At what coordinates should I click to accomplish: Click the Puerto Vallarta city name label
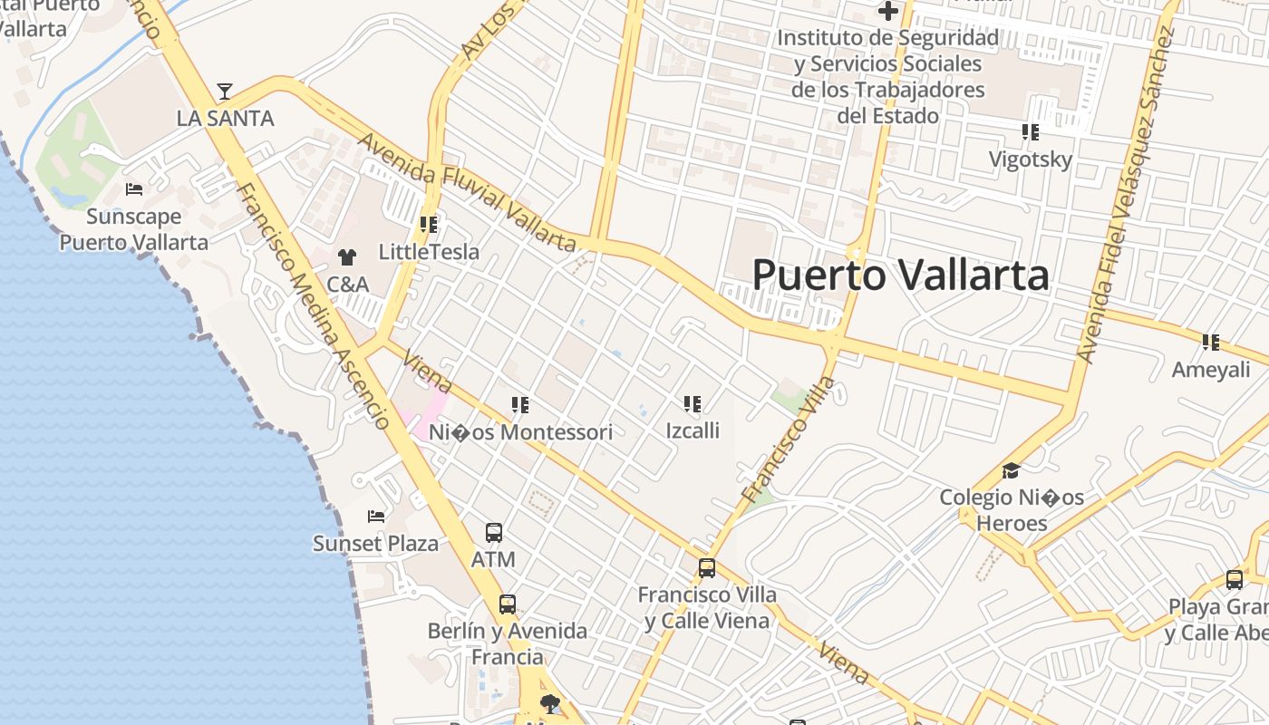click(x=900, y=275)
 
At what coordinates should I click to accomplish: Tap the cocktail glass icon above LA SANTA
click(x=225, y=92)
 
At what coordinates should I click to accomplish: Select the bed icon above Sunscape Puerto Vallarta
click(x=134, y=189)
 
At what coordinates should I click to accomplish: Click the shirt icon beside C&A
click(x=346, y=257)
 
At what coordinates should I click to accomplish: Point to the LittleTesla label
click(x=429, y=251)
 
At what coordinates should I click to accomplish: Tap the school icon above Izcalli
click(x=693, y=403)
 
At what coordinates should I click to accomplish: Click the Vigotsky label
click(x=1030, y=159)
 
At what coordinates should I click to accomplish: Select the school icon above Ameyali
click(x=1210, y=343)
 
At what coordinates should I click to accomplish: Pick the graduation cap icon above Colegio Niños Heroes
click(x=1011, y=470)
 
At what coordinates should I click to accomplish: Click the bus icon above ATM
click(x=494, y=533)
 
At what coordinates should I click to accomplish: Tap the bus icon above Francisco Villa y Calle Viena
click(x=707, y=568)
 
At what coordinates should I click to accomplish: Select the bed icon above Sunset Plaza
click(x=375, y=517)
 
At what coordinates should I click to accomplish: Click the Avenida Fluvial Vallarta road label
click(x=467, y=192)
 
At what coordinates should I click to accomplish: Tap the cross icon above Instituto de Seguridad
click(x=887, y=12)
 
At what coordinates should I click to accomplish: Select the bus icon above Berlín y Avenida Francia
click(x=508, y=604)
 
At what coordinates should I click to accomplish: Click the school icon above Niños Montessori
click(x=520, y=405)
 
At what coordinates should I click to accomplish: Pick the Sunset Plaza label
click(x=375, y=544)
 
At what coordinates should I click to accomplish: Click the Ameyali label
click(x=1210, y=370)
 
